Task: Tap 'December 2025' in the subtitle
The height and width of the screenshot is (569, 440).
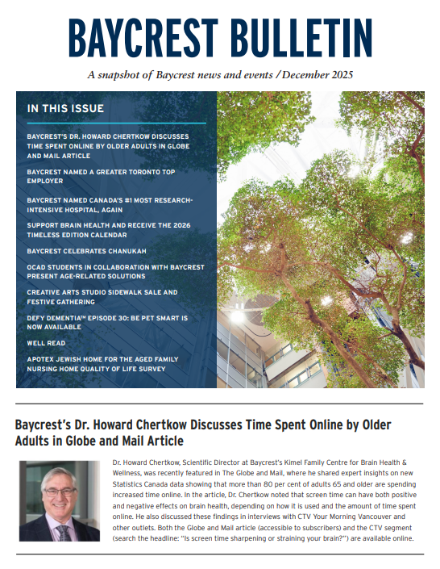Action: coord(319,76)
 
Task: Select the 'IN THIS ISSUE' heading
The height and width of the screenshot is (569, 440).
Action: coord(65,108)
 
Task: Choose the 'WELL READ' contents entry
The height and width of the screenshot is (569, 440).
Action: coord(45,341)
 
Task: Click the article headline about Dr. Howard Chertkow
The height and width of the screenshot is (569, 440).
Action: coord(208,433)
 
